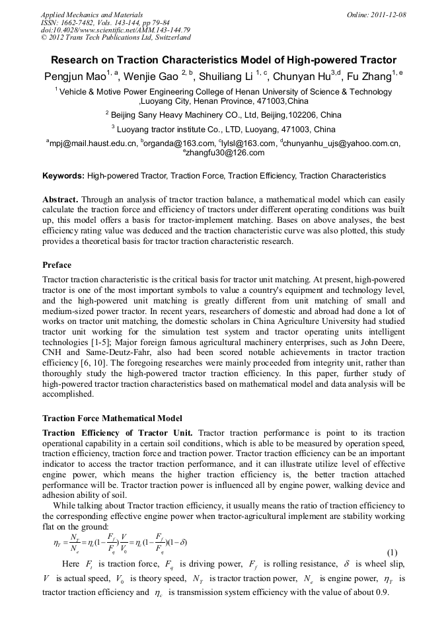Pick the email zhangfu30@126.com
coord(225,153)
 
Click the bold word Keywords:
coord(63,176)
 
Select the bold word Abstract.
coord(61,199)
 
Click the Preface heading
coord(57,264)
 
